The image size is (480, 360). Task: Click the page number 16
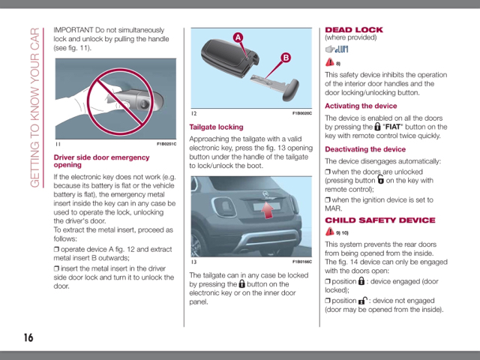click(x=28, y=337)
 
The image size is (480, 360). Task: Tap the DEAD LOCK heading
click(x=353, y=30)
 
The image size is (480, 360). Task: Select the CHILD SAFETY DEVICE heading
click(x=379, y=220)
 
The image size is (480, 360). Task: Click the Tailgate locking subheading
click(x=216, y=127)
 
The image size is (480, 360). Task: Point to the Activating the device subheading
click(x=361, y=106)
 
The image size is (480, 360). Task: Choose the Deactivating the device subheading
click(x=365, y=149)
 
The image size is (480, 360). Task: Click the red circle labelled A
click(x=237, y=37)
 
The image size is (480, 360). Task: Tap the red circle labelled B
click(x=286, y=57)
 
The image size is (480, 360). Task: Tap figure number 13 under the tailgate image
click(x=193, y=262)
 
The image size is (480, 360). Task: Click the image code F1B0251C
click(x=166, y=144)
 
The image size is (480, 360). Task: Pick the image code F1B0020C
click(x=301, y=113)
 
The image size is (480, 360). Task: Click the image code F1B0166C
click(x=301, y=262)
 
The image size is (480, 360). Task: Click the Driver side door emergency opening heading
click(x=101, y=161)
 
